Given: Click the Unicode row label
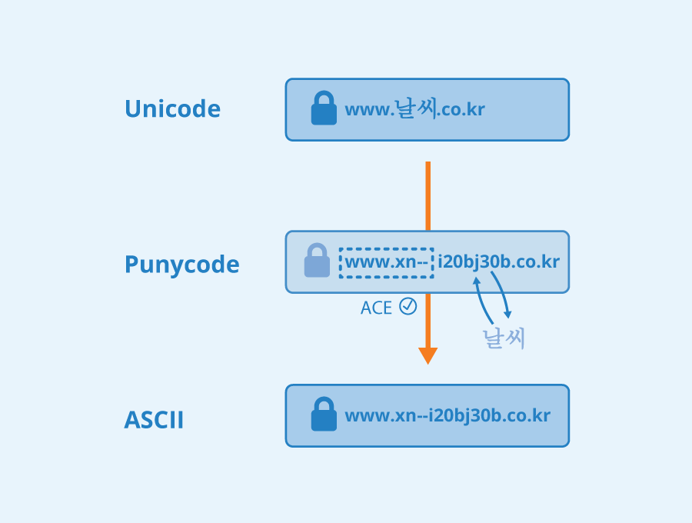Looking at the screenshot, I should [x=172, y=109].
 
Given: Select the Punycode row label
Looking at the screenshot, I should [x=181, y=265].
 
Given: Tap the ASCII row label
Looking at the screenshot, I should [x=154, y=421].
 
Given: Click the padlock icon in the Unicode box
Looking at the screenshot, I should [x=324, y=108].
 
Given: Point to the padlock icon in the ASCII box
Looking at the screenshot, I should [x=324, y=415].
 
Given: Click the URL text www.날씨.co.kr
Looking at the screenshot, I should [x=414, y=109].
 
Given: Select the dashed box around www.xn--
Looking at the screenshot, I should [x=386, y=262].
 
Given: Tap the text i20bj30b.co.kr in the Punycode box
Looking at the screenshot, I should [x=499, y=261].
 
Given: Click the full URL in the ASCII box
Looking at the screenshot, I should [x=447, y=416].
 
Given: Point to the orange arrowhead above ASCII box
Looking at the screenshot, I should [x=428, y=355].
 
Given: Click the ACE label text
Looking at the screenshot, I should [x=377, y=308].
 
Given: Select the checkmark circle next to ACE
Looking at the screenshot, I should [x=408, y=306].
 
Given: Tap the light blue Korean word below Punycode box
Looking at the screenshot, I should [x=504, y=338].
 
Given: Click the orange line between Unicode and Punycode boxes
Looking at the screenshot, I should [x=428, y=195].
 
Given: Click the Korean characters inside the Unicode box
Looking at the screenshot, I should [x=415, y=108].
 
